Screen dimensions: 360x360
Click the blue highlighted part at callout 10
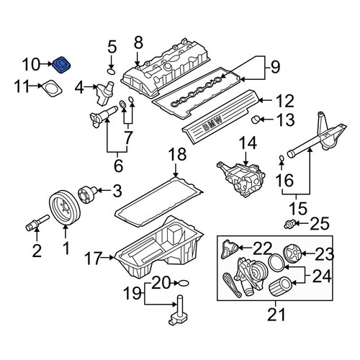click(x=62, y=65)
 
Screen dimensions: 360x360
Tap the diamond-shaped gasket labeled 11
click(x=52, y=89)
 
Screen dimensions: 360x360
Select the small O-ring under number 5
click(x=112, y=71)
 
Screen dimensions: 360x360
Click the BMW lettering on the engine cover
click(x=212, y=123)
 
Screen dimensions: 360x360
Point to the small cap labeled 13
click(x=256, y=120)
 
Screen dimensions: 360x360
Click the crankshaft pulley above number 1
click(x=66, y=207)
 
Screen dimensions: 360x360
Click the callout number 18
click(x=177, y=154)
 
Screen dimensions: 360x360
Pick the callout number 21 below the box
click(x=276, y=314)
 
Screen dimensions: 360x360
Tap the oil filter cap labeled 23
click(x=292, y=253)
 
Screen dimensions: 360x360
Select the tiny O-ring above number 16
click(x=282, y=158)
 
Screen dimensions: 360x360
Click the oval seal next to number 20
click(x=184, y=283)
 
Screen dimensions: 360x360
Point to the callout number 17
click(x=94, y=258)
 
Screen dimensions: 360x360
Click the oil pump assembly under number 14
click(x=241, y=179)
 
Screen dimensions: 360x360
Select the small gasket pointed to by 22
click(x=229, y=249)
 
